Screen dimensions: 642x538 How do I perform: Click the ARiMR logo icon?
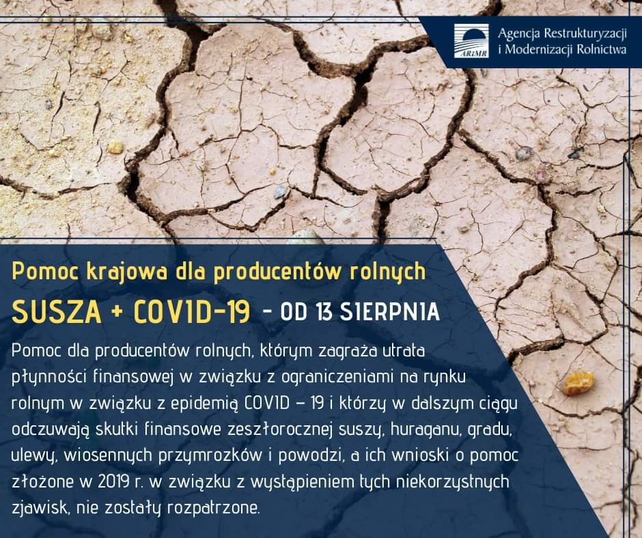tap(471, 40)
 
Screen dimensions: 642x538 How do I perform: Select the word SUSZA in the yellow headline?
tap(57, 313)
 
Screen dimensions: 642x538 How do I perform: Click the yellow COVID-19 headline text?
tap(192, 313)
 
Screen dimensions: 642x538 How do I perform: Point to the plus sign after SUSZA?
tap(117, 313)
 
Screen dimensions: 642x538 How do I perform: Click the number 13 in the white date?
tap(324, 313)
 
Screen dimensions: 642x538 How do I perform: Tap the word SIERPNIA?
tap(390, 313)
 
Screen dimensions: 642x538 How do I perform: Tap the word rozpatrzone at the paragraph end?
tap(213, 509)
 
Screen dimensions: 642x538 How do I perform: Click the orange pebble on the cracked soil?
tap(578, 383)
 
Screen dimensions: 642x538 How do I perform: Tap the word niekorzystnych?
tap(453, 483)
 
